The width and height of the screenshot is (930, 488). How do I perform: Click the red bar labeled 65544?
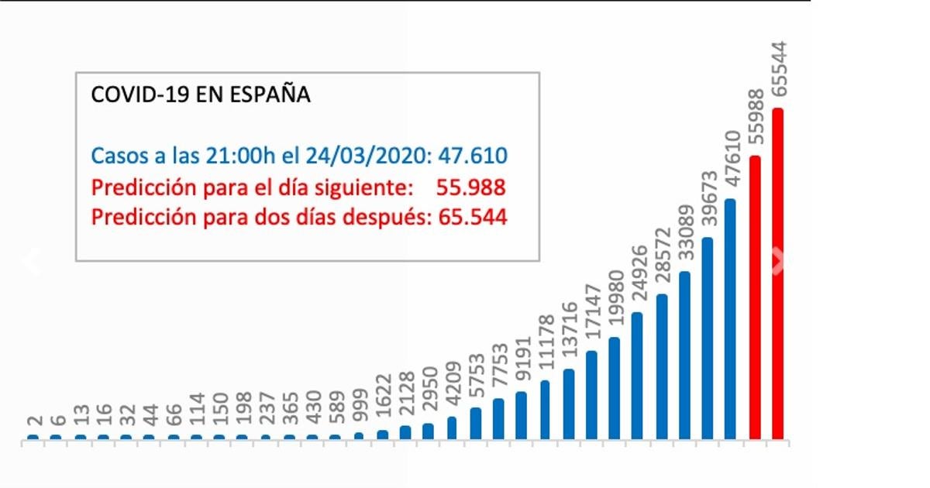pyautogui.click(x=777, y=275)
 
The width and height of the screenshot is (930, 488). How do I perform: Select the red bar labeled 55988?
pyautogui.click(x=755, y=298)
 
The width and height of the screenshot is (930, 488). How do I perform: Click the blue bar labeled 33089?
pyautogui.click(x=684, y=356)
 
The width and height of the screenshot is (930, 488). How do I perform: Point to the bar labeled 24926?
pyautogui.click(x=637, y=376)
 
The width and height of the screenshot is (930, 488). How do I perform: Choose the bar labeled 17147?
pyautogui.click(x=591, y=396)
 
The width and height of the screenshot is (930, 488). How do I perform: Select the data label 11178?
pyautogui.click(x=546, y=348)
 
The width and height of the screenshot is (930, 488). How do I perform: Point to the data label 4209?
pyautogui.click(x=453, y=390)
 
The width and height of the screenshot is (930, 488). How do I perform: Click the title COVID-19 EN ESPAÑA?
pyautogui.click(x=201, y=95)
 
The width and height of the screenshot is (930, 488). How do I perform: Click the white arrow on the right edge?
pyautogui.click(x=778, y=262)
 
